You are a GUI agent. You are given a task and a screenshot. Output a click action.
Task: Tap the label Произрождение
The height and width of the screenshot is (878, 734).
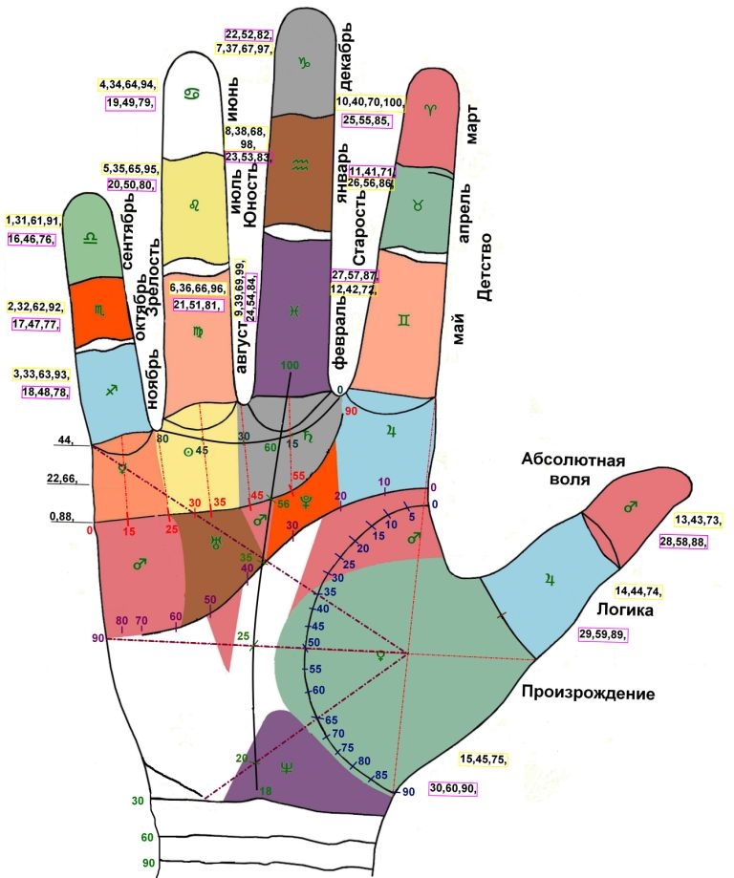[588, 694]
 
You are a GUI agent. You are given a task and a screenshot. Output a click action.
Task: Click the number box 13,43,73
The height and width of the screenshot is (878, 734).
[698, 520]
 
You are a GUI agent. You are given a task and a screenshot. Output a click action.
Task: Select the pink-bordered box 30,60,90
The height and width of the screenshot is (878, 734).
[453, 788]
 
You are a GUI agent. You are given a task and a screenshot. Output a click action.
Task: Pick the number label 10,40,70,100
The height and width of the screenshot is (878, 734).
[370, 102]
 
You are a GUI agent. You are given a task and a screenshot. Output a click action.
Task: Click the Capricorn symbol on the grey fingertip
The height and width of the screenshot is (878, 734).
[305, 63]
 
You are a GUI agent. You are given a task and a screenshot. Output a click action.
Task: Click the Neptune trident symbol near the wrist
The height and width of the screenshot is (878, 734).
[289, 765]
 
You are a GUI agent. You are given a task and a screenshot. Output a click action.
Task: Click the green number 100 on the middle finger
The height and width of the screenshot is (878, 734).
[291, 365]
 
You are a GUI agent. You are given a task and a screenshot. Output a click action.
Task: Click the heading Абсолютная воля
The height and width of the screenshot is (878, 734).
[572, 469]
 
